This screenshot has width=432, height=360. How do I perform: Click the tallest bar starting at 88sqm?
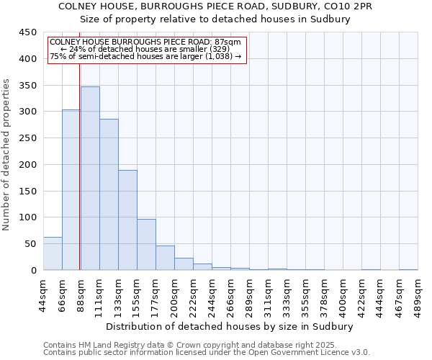click(90, 179)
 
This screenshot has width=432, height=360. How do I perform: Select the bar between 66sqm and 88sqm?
click(71, 190)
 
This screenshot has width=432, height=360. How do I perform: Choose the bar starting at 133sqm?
click(127, 220)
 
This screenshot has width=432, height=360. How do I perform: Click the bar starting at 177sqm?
click(165, 258)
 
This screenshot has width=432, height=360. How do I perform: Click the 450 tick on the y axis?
click(28, 32)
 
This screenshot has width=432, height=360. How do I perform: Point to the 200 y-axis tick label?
click(28, 165)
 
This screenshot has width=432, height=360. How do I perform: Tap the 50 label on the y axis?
click(31, 244)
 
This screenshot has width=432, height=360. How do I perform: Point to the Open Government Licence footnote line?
click(207, 352)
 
